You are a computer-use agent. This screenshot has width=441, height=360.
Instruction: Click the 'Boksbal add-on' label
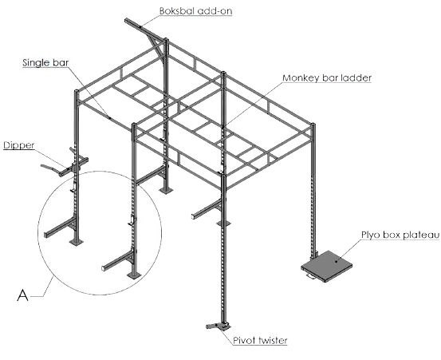(195, 10)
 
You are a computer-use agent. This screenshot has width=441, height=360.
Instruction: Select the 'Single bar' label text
(45, 62)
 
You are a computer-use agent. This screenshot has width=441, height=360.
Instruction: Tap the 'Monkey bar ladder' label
(327, 78)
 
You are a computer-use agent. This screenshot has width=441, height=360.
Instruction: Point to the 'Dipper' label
(19, 145)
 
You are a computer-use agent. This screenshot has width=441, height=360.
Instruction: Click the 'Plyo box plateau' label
(400, 235)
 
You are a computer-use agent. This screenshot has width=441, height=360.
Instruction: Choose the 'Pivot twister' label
(260, 340)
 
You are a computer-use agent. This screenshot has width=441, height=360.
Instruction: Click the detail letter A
(23, 295)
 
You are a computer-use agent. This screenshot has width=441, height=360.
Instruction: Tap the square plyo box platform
(327, 266)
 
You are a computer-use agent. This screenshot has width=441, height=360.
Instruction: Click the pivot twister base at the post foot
(219, 326)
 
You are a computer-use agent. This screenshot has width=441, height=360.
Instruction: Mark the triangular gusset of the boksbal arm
(157, 47)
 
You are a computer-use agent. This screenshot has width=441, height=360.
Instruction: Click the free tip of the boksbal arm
(127, 20)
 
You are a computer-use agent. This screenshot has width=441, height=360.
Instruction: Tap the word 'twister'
(272, 340)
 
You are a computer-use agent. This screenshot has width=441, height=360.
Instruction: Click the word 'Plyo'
(370, 235)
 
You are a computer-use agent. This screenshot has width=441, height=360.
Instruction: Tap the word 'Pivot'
(244, 340)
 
